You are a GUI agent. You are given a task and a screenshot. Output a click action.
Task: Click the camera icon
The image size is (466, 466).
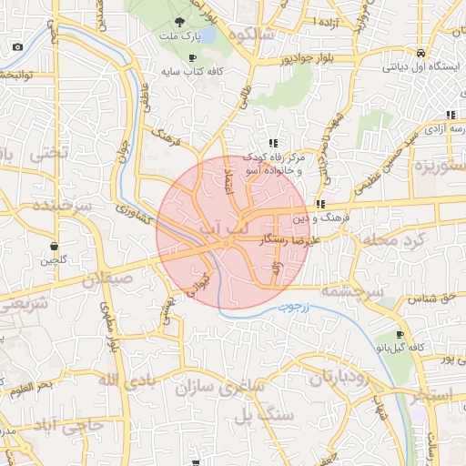pyautogui.click(x=17, y=46)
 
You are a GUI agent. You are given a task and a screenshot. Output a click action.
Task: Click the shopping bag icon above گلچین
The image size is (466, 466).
pyautogui.click(x=55, y=246)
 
